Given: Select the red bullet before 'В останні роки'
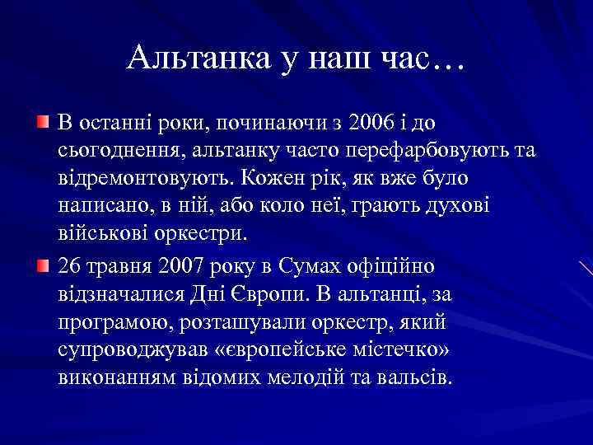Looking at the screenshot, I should coord(42,123).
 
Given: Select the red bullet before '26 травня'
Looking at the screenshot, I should coord(42,266).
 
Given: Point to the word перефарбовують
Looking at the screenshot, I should coord(415,151).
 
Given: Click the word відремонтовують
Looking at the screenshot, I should coord(145,177).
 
